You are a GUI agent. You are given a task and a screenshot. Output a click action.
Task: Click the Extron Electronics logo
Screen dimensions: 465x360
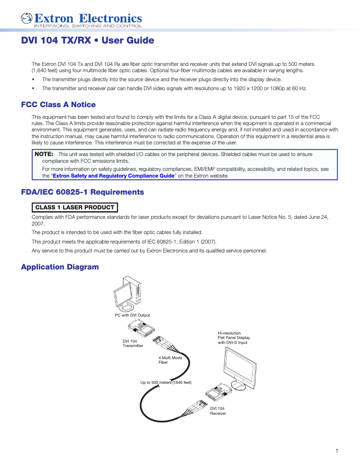click(81, 19)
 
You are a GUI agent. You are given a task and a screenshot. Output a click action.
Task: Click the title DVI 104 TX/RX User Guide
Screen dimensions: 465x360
click(88, 41)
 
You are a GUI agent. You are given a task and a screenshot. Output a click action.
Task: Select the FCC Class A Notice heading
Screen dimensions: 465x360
click(58, 105)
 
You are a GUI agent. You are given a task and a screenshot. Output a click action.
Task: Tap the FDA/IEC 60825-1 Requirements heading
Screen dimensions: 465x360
click(83, 192)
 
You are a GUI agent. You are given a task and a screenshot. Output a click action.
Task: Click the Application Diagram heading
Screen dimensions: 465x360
click(60, 267)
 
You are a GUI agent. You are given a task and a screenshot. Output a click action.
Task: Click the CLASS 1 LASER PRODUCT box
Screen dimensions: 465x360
click(75, 207)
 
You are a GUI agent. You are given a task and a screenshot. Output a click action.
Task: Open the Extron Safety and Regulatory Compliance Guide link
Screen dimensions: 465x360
click(113, 176)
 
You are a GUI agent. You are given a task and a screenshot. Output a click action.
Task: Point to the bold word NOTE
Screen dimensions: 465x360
click(44, 154)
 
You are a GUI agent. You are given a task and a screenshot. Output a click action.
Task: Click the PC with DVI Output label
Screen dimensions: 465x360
click(132, 315)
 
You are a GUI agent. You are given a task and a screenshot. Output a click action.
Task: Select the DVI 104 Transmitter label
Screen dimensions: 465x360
click(133, 343)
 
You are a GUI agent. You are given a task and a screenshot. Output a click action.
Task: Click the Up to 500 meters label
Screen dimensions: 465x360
click(166, 382)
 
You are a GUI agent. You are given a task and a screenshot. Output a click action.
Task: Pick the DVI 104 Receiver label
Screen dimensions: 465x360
click(218, 411)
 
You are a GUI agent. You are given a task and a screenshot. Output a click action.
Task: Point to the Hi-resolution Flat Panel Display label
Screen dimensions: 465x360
click(233, 338)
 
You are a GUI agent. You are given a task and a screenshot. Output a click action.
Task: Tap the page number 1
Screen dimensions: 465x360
click(337, 451)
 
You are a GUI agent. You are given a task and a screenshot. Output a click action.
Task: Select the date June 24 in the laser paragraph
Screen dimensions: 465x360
click(318, 217)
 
